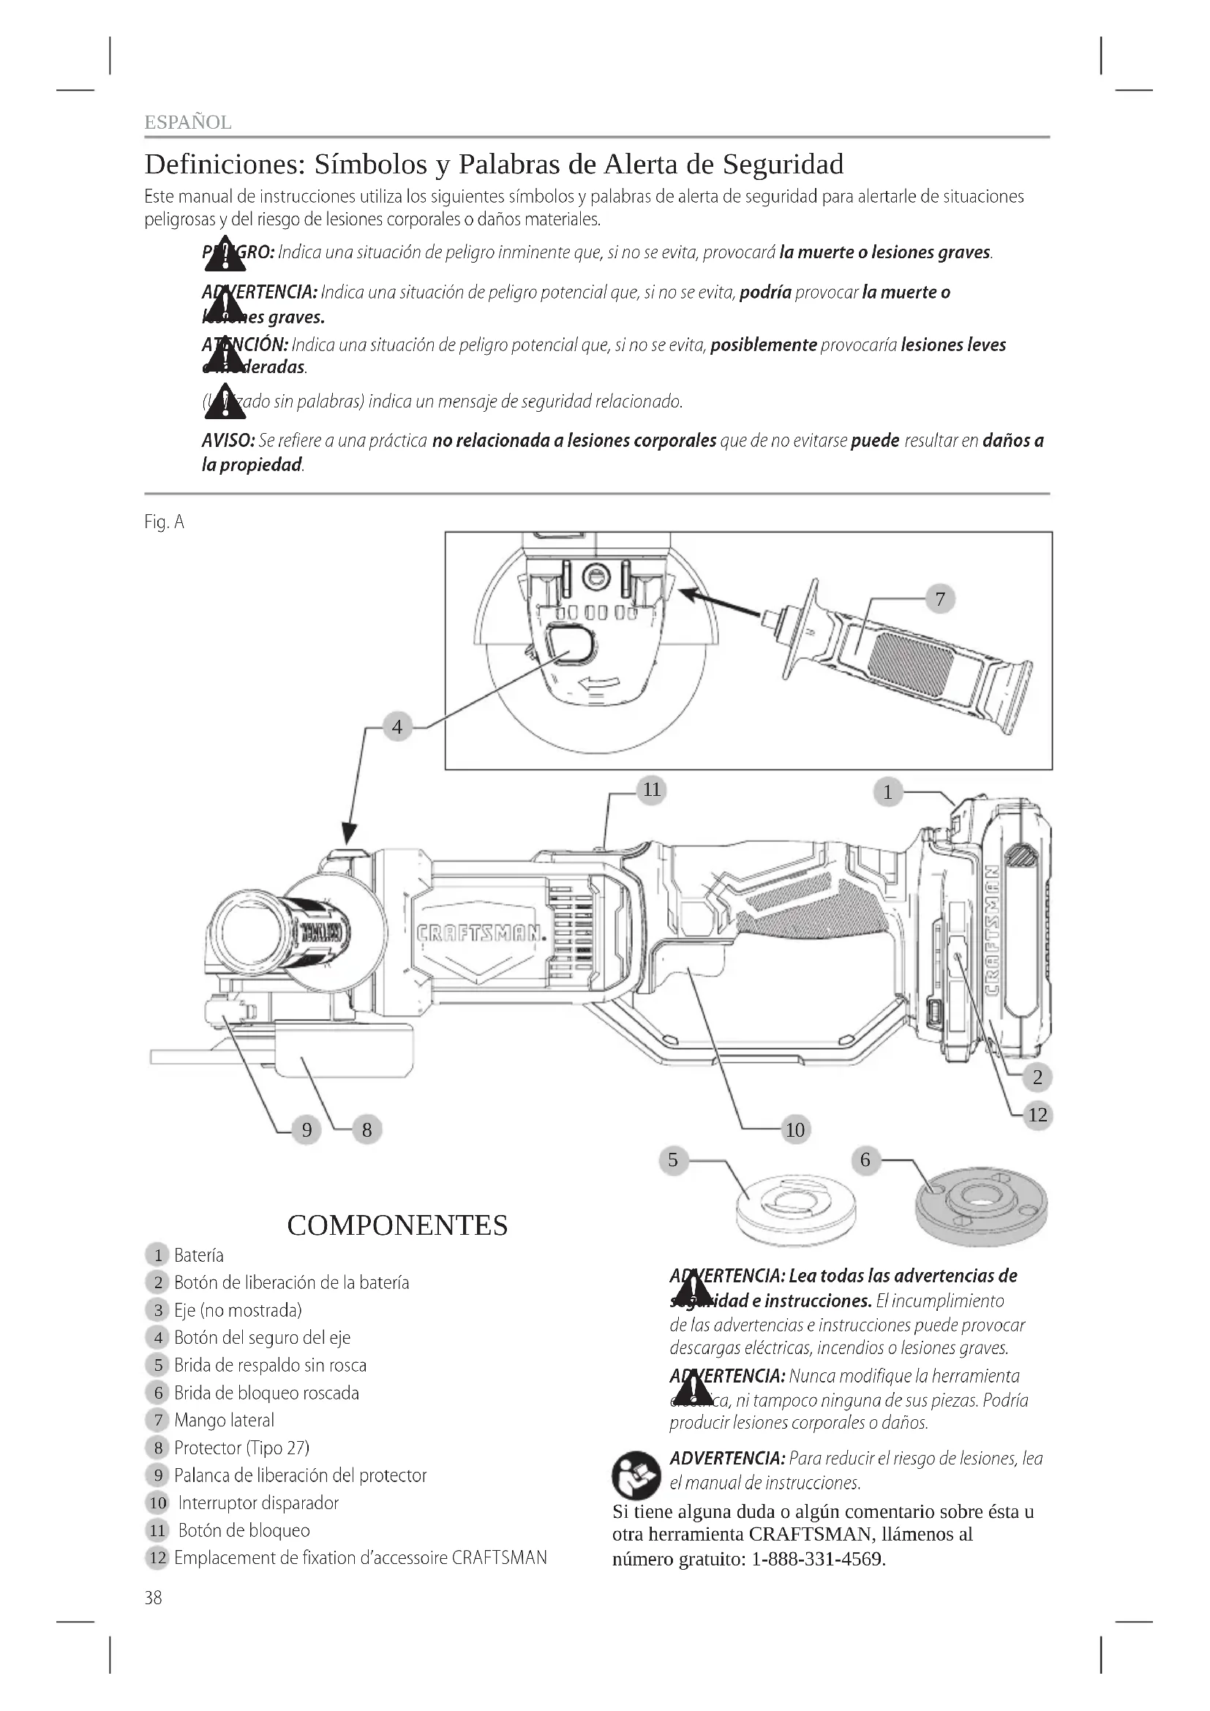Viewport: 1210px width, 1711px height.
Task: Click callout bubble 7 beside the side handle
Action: pyautogui.click(x=939, y=598)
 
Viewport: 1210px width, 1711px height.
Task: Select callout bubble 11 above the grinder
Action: pyautogui.click(x=652, y=789)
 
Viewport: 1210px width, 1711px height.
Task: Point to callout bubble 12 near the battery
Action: pyautogui.click(x=1037, y=1115)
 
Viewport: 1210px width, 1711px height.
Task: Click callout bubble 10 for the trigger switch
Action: pyautogui.click(x=795, y=1129)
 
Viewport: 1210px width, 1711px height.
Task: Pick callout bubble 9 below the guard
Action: pyautogui.click(x=307, y=1129)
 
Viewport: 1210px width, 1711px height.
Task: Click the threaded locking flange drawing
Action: pyautogui.click(x=980, y=1212)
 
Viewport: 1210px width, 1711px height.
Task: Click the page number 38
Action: pyautogui.click(x=154, y=1597)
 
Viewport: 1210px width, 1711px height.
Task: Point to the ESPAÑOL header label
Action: pyautogui.click(x=188, y=122)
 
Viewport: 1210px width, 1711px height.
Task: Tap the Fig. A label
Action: pyautogui.click(x=164, y=522)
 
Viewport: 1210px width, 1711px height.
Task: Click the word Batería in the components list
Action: pyautogui.click(x=199, y=1256)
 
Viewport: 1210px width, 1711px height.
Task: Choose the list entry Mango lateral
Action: pyautogui.click(x=225, y=1421)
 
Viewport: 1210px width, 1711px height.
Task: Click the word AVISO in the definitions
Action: pyautogui.click(x=228, y=441)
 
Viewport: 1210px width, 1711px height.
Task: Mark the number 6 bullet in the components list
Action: pyautogui.click(x=158, y=1393)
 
